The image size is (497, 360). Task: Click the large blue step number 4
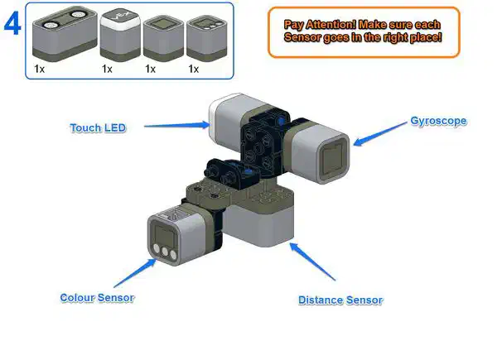pyautogui.click(x=13, y=24)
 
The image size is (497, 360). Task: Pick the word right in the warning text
pyautogui.click(x=391, y=38)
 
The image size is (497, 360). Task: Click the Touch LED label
pyautogui.click(x=97, y=127)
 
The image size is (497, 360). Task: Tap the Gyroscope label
pyautogui.click(x=438, y=121)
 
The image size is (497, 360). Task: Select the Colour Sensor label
pyautogui.click(x=97, y=297)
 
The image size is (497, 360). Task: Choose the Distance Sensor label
pyautogui.click(x=340, y=300)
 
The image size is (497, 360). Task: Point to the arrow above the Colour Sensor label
pyautogui.click(x=135, y=273)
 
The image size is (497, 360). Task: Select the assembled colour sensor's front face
pyautogui.click(x=162, y=240)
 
